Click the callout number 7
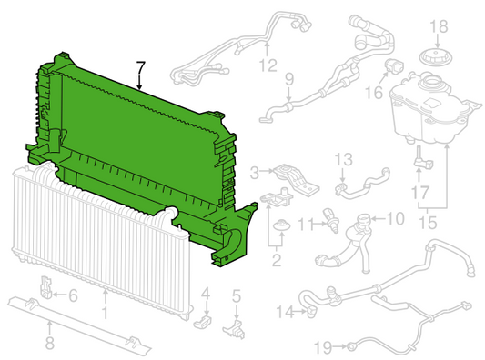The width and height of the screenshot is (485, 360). click(140, 68)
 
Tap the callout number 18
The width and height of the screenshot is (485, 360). click(439, 26)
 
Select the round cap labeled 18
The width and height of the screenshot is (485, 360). click(436, 57)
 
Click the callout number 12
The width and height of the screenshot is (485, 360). click(268, 65)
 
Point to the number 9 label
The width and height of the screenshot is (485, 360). click(288, 79)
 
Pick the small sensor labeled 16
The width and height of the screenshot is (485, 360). click(394, 65)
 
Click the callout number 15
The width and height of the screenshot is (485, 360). click(428, 223)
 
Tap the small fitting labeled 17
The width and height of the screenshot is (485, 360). click(423, 159)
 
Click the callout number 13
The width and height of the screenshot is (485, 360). click(343, 159)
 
